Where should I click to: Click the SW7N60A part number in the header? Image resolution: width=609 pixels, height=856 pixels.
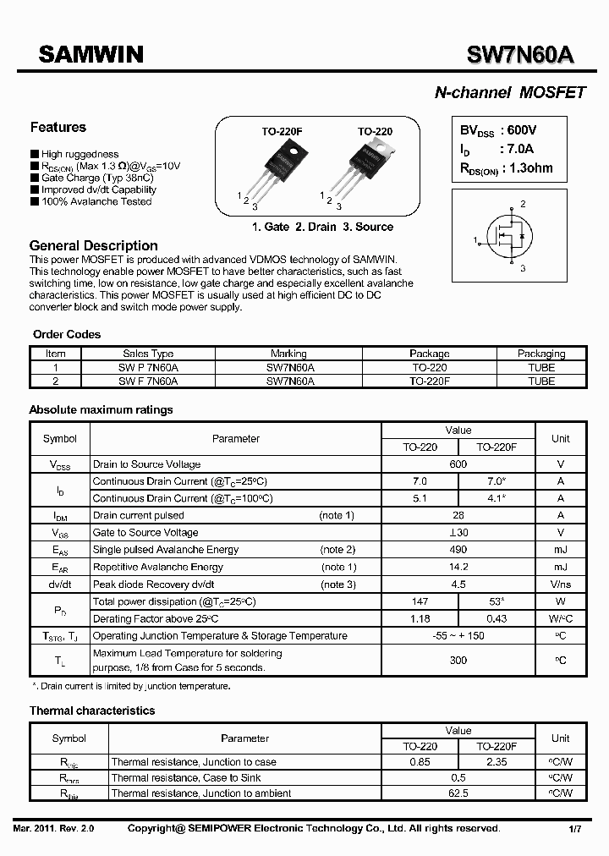[520, 55]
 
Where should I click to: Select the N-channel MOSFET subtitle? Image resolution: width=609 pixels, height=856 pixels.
[509, 93]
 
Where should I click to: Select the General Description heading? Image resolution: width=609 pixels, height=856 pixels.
[94, 245]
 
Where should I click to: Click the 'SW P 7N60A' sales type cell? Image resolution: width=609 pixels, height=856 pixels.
[148, 368]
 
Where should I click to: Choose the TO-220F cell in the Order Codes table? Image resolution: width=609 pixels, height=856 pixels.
[430, 381]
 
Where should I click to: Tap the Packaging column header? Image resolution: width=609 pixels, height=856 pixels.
[541, 354]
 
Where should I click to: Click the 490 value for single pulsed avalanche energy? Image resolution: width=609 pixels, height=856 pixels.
[458, 550]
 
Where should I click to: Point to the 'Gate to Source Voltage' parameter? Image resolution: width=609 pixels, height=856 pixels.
[145, 533]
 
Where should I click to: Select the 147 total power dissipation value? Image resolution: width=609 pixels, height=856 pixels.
[420, 601]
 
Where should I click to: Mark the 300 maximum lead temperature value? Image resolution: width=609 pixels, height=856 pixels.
[458, 660]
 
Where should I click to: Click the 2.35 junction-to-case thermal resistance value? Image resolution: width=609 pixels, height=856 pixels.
[497, 762]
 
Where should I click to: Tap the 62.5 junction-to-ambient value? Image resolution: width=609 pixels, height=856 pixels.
[458, 793]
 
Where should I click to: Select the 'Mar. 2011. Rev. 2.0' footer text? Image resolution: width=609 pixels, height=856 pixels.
[54, 829]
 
